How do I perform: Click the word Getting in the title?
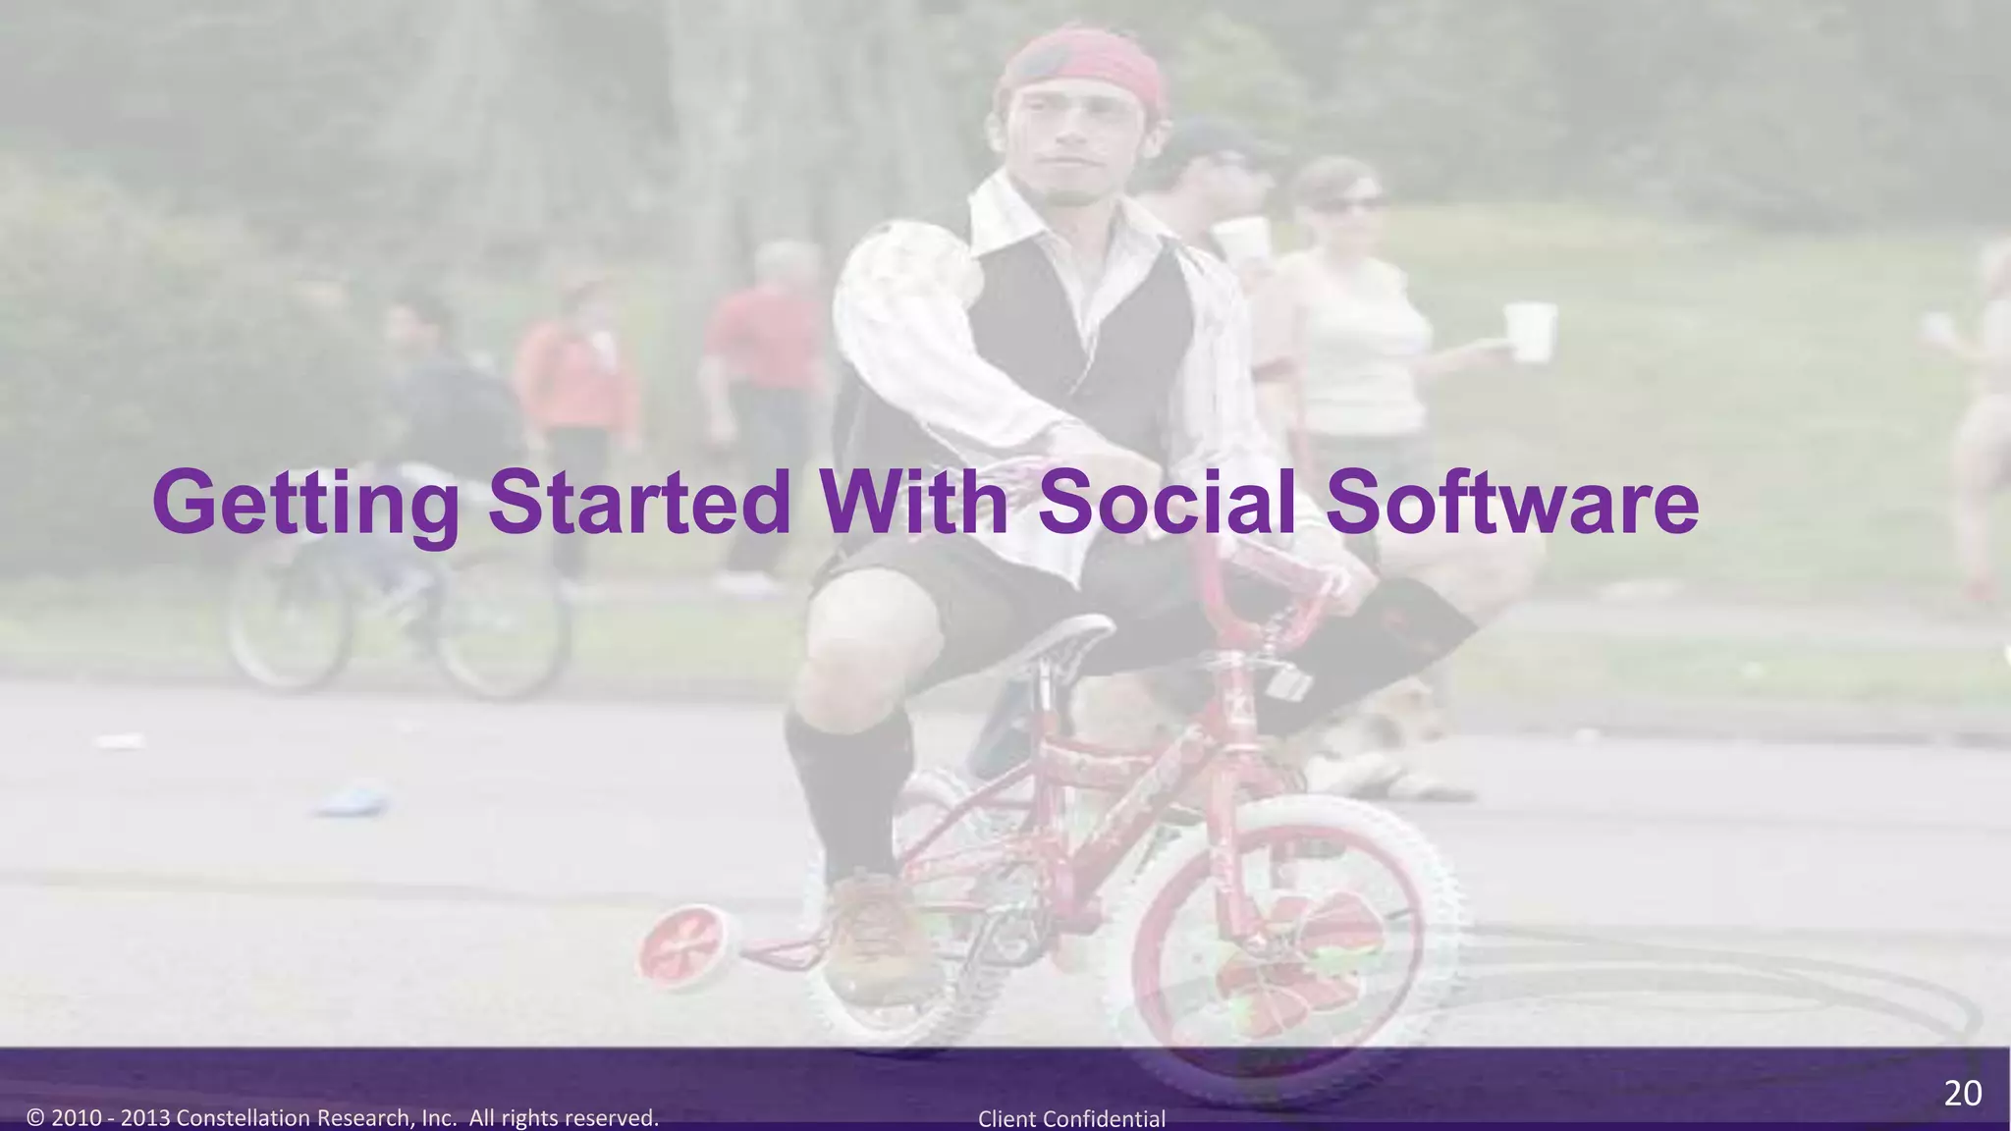click(305, 503)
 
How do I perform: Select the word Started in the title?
click(639, 503)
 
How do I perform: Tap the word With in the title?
click(916, 503)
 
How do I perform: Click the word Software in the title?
click(1511, 503)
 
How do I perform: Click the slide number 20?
click(1963, 1093)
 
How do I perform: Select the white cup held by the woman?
click(1530, 332)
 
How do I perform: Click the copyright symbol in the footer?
click(36, 1118)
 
